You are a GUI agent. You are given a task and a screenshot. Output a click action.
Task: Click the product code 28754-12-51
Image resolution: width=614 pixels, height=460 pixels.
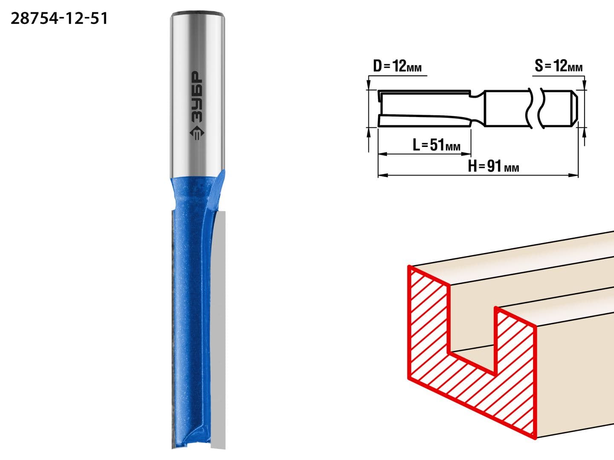coord(59,19)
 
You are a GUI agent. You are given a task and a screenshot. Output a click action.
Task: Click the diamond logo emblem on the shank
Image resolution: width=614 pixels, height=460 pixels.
coord(197,133)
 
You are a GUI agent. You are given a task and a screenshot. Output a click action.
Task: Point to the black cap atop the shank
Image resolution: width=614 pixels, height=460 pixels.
coord(197,13)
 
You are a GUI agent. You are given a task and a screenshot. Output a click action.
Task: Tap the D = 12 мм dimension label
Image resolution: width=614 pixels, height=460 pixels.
coord(397,66)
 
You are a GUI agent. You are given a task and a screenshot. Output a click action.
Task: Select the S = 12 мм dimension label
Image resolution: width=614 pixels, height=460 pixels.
coord(559,66)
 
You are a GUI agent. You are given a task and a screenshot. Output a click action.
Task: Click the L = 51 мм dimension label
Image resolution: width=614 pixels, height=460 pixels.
coord(436,145)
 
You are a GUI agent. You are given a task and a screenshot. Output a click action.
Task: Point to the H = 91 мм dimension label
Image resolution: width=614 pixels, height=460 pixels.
coord(493,167)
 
